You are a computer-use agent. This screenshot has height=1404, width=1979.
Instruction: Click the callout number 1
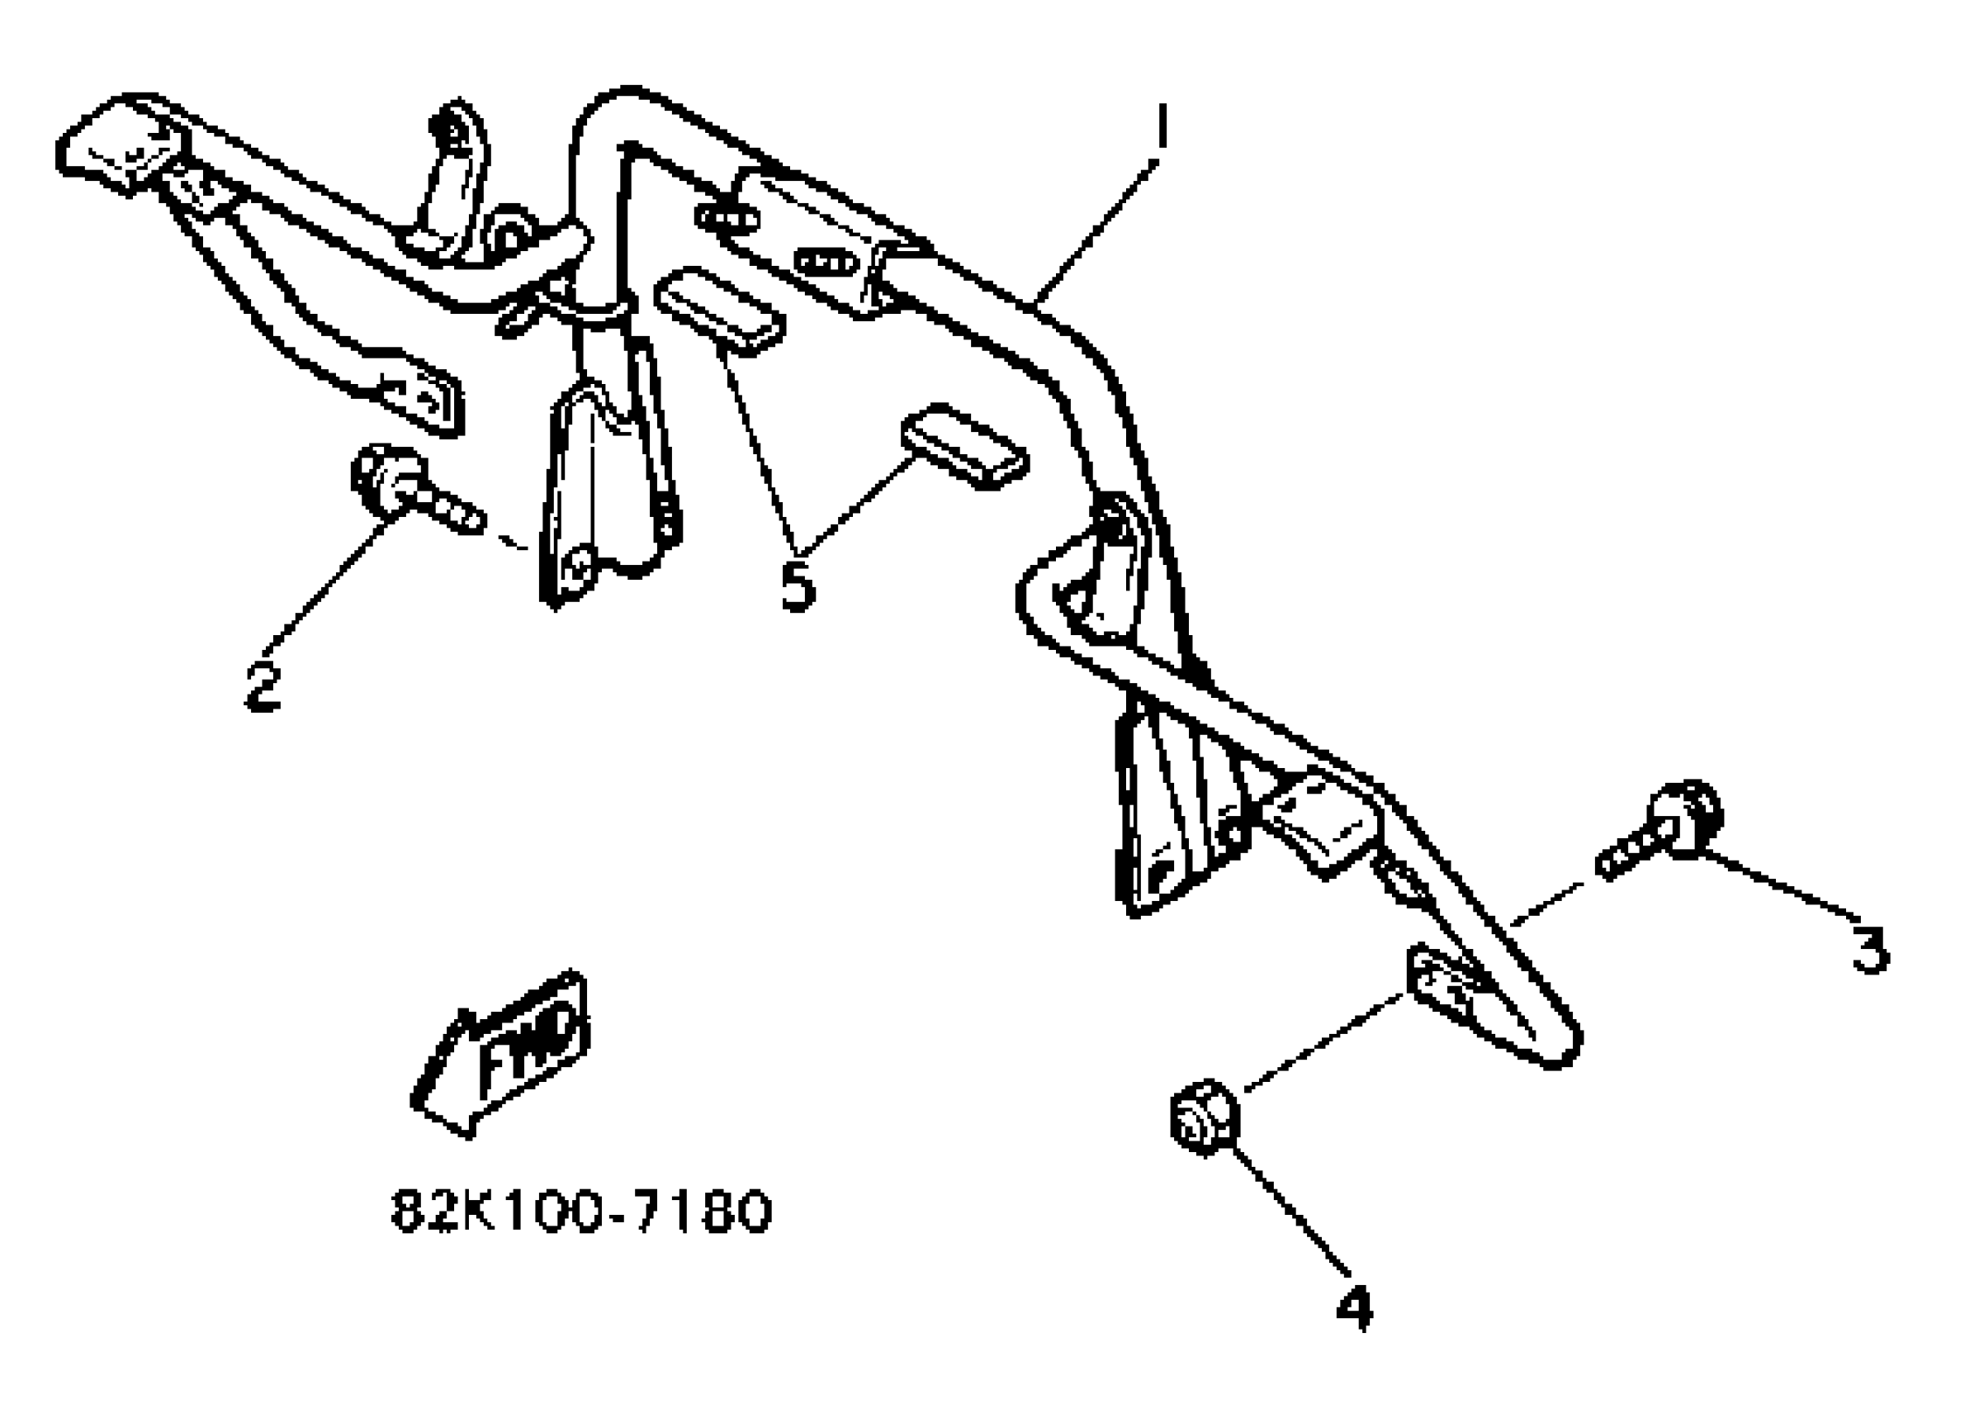point(1161,127)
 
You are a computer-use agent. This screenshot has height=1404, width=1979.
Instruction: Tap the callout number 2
point(263,687)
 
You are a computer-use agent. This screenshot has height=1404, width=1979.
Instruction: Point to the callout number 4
point(1353,1308)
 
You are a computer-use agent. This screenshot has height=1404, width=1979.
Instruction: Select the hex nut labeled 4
point(1204,1116)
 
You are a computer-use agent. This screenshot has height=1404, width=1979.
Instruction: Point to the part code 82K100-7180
point(580,1212)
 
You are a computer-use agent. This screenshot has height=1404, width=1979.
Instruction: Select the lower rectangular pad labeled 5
point(964,445)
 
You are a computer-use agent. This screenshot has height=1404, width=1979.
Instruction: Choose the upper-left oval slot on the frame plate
point(727,219)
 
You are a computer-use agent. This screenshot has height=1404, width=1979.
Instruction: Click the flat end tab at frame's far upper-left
point(116,147)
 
